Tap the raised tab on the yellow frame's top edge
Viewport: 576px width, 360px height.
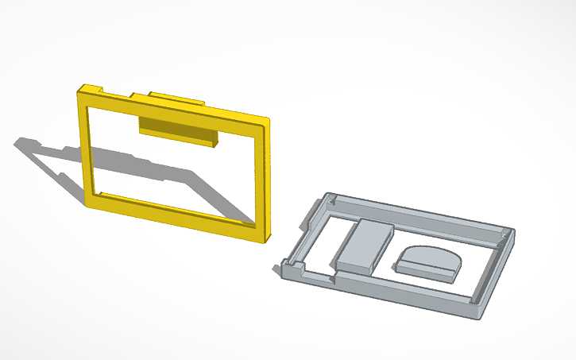click(x=175, y=98)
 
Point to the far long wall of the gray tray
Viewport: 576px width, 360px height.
click(x=421, y=213)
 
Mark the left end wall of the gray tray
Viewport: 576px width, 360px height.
click(x=306, y=230)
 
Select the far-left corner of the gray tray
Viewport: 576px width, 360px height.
click(x=327, y=197)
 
